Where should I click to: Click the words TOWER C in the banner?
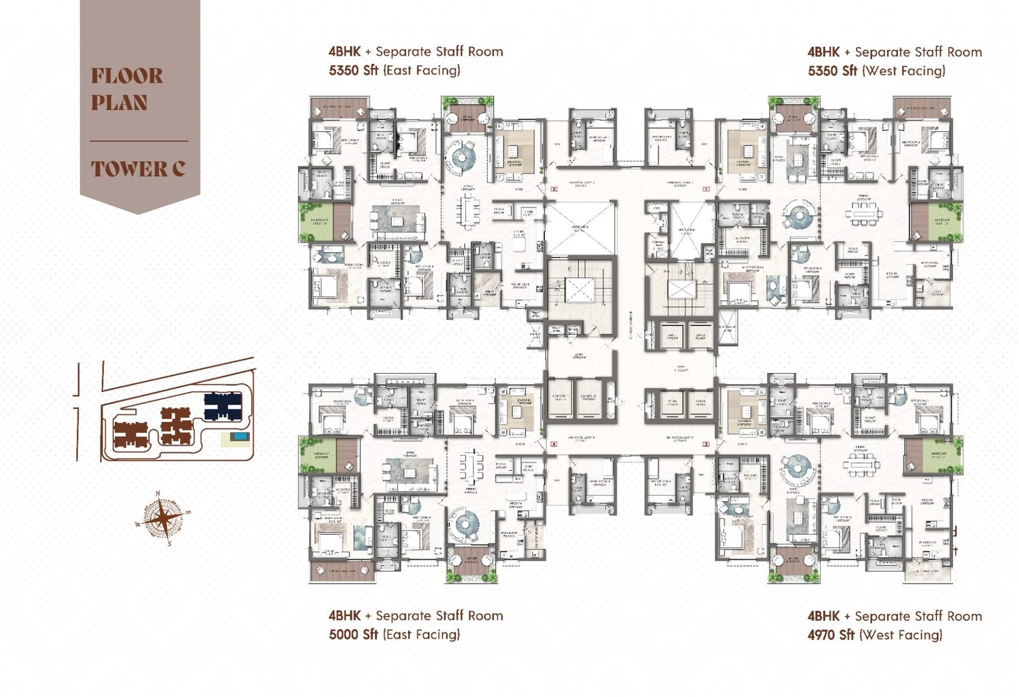coord(138,169)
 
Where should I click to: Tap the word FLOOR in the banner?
coord(127,75)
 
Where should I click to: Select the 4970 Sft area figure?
coord(831,635)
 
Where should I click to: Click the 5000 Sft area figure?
coord(353,635)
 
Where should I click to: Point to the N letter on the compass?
coord(158,495)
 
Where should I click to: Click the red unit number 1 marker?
coord(706,190)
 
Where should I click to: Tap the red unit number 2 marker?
coord(554,190)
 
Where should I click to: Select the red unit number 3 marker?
coord(706,444)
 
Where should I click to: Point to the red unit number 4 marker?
coord(554,444)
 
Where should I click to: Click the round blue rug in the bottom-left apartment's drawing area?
coord(467,524)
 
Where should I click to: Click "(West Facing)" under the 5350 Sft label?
coord(903,71)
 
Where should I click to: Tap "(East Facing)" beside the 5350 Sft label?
coord(421,70)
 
